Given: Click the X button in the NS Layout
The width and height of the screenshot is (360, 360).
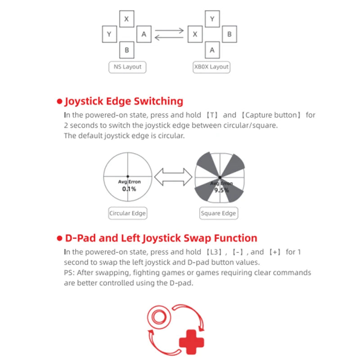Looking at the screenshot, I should (126, 18).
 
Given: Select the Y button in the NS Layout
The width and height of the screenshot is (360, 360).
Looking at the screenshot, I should (109, 34).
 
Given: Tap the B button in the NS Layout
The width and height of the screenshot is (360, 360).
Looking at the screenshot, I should (126, 49).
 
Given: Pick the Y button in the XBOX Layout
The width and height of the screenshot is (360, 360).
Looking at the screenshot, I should (212, 18).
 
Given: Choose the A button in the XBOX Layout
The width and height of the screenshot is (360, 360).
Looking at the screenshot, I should (212, 49).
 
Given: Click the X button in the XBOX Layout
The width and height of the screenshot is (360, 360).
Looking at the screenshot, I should (195, 34).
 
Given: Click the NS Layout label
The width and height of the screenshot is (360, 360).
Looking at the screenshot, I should (128, 67).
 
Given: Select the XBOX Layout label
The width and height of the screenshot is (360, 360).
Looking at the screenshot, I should (211, 67).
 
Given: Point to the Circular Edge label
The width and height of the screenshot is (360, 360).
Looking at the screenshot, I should (128, 213).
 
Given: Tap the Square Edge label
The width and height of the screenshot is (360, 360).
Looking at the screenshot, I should (218, 213).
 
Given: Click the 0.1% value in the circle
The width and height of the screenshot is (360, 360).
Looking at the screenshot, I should (129, 189).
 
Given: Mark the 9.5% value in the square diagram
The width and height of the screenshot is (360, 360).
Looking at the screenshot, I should (221, 190).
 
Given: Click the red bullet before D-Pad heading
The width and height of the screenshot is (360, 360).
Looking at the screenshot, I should (59, 238).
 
